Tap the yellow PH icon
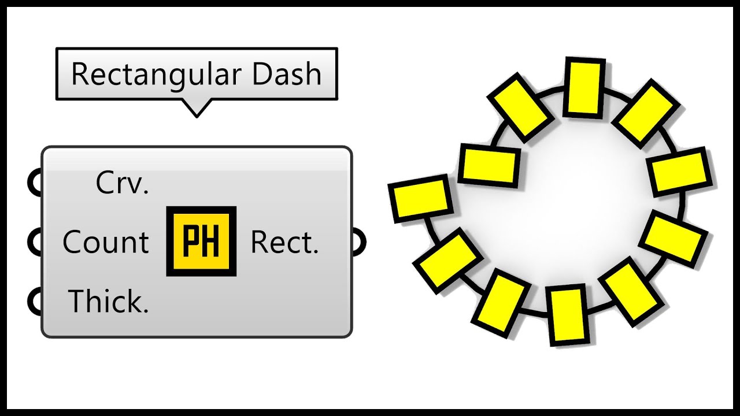coord(201,241)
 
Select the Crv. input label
coord(122,184)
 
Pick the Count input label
coord(106,243)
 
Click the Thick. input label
coord(109,301)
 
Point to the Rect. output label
coord(284,243)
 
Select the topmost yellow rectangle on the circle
coord(584,87)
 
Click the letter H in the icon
coord(212,242)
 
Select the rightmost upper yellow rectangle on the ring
coord(680,172)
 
